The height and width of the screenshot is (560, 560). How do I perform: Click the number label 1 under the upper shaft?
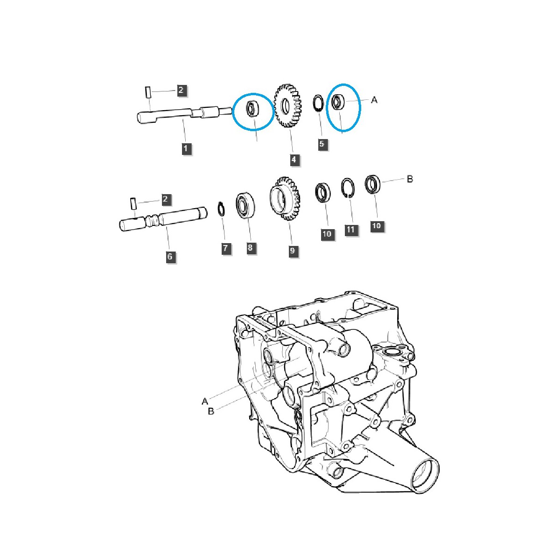186,149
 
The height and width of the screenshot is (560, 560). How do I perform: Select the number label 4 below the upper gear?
294,160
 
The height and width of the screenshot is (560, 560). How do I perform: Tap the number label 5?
322,144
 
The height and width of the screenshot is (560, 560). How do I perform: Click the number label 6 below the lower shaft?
170,257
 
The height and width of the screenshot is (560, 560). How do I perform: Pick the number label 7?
226,248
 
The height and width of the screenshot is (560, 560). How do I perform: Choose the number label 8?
250,248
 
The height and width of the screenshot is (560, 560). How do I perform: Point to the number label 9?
292,251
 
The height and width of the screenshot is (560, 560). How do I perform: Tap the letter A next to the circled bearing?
374,100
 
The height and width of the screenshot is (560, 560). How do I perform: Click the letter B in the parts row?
410,179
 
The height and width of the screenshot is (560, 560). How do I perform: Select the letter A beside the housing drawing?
204,401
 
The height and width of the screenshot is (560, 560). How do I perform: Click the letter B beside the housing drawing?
210,412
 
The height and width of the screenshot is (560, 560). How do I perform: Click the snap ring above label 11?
348,188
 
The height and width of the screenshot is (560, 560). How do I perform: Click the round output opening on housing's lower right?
426,473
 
